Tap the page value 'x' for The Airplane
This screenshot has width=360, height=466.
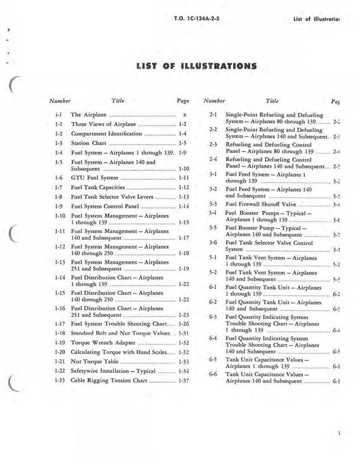pyautogui.click(x=183, y=115)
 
